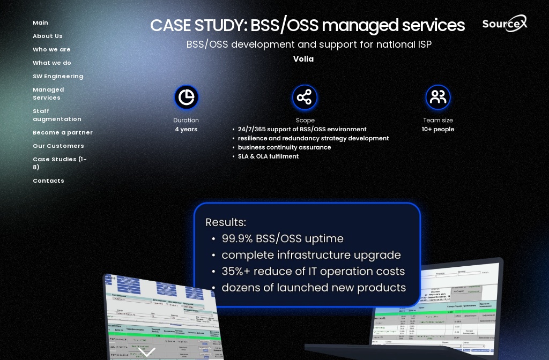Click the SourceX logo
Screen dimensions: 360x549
(504, 24)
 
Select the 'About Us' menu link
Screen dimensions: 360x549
(48, 36)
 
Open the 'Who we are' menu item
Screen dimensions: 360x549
(51, 49)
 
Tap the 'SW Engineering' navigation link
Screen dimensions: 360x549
(58, 76)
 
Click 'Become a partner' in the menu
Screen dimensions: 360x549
(63, 132)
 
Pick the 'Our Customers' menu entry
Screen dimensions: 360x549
(58, 146)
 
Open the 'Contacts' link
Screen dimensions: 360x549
(48, 181)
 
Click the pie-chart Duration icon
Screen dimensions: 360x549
(186, 97)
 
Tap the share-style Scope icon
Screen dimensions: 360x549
(305, 97)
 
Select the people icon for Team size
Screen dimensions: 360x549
(438, 97)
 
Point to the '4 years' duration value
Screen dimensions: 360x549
(186, 129)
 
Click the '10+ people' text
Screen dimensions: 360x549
(438, 129)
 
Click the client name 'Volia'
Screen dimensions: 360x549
(303, 59)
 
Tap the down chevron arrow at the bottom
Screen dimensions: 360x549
(146, 351)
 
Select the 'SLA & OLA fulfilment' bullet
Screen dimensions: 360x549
(268, 156)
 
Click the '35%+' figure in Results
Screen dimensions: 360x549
(238, 271)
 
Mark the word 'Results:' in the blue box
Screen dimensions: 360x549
(226, 222)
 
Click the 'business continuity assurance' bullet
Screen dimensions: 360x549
(284, 147)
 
